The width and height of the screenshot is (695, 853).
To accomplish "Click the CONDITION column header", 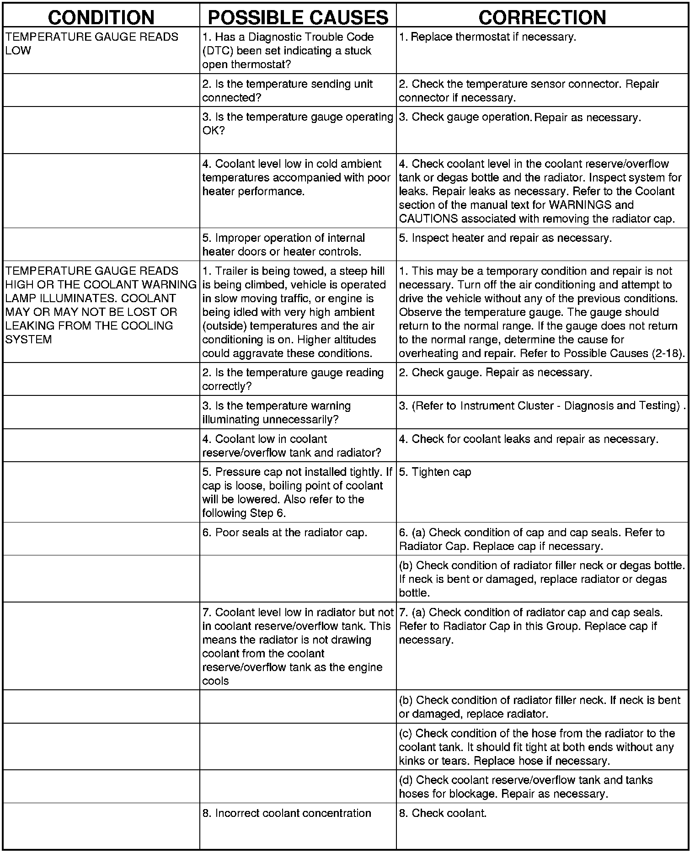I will [x=101, y=17].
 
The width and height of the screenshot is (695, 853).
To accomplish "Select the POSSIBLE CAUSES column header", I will [x=298, y=17].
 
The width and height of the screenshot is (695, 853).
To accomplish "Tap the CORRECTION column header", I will [x=542, y=17].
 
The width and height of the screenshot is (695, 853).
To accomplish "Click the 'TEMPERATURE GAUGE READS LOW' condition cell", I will [x=91, y=43].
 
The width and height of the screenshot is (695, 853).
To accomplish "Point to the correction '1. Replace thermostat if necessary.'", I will [x=487, y=37].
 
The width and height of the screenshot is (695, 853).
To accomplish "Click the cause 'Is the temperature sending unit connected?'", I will [x=288, y=91].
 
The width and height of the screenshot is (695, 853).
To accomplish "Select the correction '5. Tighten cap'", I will [x=435, y=472].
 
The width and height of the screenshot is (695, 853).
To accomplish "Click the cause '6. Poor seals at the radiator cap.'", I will [x=285, y=533].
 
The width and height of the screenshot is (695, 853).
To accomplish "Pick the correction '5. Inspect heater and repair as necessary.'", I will [x=505, y=238].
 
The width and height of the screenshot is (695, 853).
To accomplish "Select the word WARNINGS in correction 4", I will [x=566, y=205].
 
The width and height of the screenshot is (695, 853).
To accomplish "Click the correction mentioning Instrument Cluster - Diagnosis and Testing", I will [x=542, y=406].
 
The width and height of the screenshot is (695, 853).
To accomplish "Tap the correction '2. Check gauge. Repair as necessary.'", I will [x=496, y=373].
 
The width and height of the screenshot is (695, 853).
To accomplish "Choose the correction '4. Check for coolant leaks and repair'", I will [x=529, y=439].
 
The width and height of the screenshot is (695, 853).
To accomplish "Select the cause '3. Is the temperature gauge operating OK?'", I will [x=298, y=124].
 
